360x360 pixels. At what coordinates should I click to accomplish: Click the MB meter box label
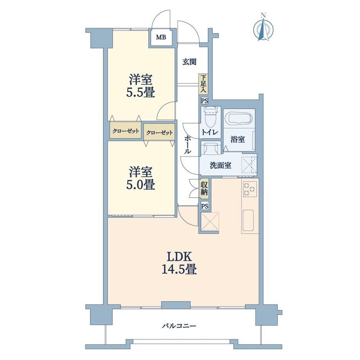point(161,37)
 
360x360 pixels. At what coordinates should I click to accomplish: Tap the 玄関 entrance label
point(189,62)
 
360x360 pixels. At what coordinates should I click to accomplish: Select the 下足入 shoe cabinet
point(203,84)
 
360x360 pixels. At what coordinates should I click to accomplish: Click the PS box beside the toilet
point(204,101)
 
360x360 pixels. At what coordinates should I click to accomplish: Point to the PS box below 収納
point(205,206)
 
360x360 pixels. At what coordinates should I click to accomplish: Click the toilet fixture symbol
point(211,117)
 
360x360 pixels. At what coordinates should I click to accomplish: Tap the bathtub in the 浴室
point(239,119)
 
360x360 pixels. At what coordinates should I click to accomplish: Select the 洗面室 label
point(220,165)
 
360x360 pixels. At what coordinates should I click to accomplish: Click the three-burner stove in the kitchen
point(249,189)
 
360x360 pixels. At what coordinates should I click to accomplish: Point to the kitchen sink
point(248,220)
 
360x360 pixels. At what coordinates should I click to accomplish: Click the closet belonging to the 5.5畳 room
point(126,131)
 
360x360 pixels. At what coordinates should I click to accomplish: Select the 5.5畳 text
point(140,92)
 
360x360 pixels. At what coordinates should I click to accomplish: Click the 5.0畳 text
point(140,184)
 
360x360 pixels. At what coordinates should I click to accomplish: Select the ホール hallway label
point(188,145)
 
